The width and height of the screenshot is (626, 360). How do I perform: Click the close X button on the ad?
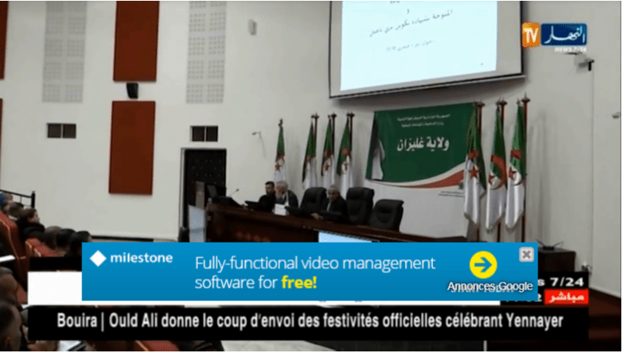click(527, 254)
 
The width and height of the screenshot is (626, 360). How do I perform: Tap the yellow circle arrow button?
click(483, 265)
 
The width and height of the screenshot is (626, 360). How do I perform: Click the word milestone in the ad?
click(141, 258)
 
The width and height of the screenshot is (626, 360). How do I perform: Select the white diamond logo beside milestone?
click(98, 258)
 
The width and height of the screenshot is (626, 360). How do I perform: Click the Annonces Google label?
click(490, 286)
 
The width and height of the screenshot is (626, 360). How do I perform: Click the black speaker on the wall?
click(132, 90)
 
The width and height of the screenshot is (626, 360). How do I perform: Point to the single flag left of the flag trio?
click(279, 153)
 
